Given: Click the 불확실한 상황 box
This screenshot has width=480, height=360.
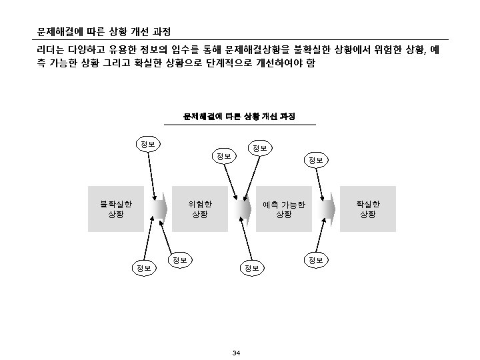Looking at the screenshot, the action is [116, 209].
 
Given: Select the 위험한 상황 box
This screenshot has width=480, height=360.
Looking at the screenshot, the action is [199, 209].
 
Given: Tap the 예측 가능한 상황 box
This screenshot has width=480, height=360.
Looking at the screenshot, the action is [283, 209].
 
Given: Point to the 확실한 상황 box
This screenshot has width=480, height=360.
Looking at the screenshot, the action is [367, 209].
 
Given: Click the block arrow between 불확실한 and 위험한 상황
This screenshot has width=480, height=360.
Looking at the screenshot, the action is [158, 209].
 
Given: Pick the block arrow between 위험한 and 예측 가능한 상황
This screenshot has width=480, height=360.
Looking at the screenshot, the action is [241, 209].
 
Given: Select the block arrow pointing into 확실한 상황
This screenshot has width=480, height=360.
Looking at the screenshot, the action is [326, 209].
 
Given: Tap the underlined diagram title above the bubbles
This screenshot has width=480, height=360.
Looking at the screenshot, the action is [240, 117].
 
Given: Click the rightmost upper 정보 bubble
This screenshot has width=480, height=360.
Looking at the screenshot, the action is [316, 160].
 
